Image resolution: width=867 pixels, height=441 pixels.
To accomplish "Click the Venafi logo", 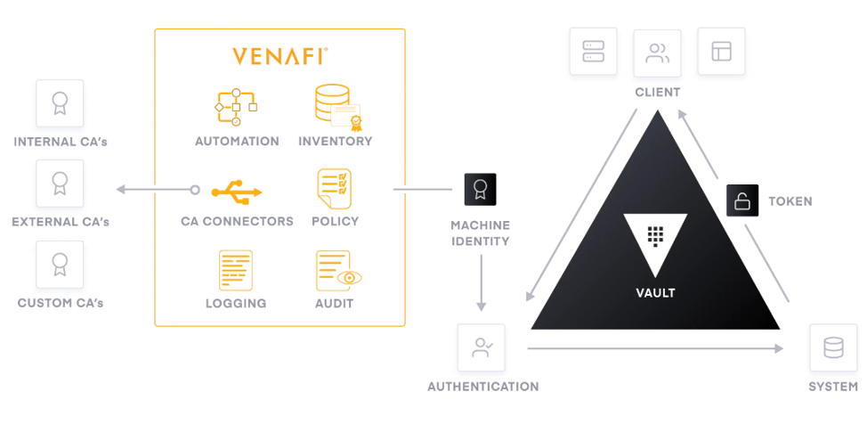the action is (x=280, y=56).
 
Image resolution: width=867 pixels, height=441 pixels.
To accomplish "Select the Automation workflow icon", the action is (x=236, y=107).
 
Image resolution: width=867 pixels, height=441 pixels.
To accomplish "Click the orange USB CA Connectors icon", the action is (x=237, y=191).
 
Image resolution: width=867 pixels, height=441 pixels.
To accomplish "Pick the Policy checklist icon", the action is (x=334, y=189).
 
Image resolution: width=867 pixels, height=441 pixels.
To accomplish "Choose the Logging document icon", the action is (x=236, y=270).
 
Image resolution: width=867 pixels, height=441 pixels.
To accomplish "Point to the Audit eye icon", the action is (x=338, y=271).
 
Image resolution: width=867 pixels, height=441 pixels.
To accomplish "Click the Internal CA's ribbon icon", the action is (x=60, y=103).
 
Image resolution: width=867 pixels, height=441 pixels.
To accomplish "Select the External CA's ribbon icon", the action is (x=60, y=184).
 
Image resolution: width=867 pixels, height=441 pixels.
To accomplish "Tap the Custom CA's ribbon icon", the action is (x=60, y=265).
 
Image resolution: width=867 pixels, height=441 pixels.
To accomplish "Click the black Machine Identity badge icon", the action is (x=480, y=189).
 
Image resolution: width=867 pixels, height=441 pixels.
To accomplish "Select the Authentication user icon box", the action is (x=481, y=347).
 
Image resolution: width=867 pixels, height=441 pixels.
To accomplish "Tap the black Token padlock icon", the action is (x=742, y=200).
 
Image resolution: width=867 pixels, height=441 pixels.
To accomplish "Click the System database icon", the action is (x=833, y=347).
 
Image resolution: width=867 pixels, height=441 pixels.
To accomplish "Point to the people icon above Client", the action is (x=658, y=53).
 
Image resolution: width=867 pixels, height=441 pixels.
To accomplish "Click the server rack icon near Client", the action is (x=594, y=51).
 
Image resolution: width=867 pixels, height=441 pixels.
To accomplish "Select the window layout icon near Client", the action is (x=722, y=51).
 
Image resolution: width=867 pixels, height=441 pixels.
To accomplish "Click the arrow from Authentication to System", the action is (x=656, y=348).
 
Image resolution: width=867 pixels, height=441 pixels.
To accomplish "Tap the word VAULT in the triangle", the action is (x=655, y=293).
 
